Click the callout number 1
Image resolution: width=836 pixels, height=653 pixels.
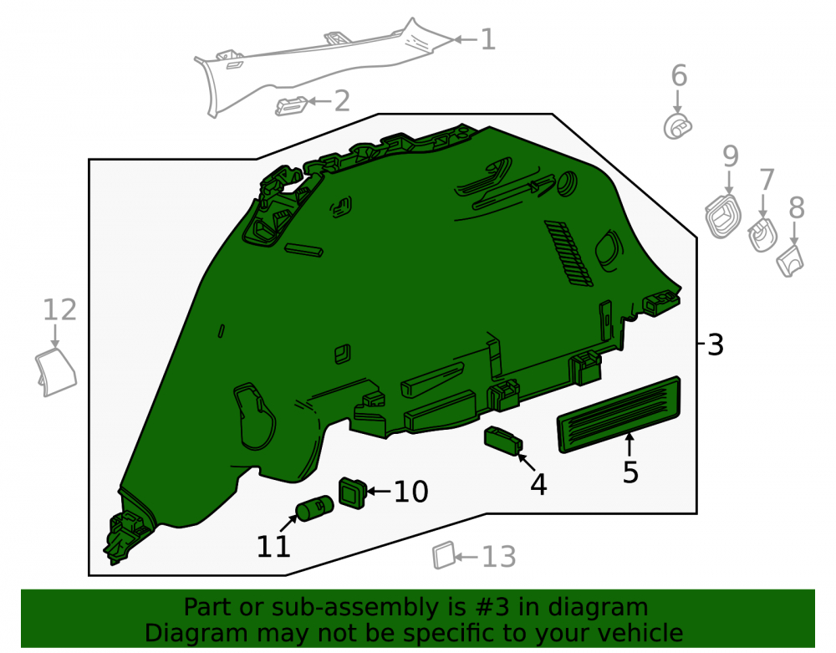pyautogui.click(x=488, y=40)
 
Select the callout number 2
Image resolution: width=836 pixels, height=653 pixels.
pyautogui.click(x=342, y=100)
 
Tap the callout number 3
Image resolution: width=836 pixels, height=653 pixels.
pyautogui.click(x=716, y=344)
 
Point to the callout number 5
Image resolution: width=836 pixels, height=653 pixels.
pyautogui.click(x=630, y=472)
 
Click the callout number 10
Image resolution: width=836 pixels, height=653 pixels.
pyautogui.click(x=410, y=492)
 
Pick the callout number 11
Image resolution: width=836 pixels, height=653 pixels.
pyautogui.click(x=273, y=546)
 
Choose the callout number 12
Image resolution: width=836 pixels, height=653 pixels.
pyautogui.click(x=59, y=309)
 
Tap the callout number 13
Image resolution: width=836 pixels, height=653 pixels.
pyautogui.click(x=499, y=557)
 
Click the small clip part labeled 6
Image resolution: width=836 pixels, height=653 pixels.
pyautogui.click(x=677, y=127)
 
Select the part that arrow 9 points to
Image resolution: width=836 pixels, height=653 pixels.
pyautogui.click(x=723, y=217)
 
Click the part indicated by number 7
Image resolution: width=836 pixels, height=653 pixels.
pyautogui.click(x=762, y=235)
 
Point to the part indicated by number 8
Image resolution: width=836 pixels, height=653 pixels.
pyautogui.click(x=790, y=260)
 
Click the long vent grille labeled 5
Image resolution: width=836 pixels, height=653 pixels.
pyautogui.click(x=619, y=415)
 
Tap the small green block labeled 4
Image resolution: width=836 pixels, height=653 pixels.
pyautogui.click(x=502, y=441)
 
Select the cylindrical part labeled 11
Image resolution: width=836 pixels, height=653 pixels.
pyautogui.click(x=314, y=508)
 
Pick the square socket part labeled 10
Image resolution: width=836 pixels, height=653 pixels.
pyautogui.click(x=353, y=493)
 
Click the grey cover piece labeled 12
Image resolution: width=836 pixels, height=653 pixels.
pyautogui.click(x=56, y=372)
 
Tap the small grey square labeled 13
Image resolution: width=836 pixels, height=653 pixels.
pyautogui.click(x=444, y=555)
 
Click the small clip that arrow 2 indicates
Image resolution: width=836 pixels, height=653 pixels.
pyautogui.click(x=292, y=106)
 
